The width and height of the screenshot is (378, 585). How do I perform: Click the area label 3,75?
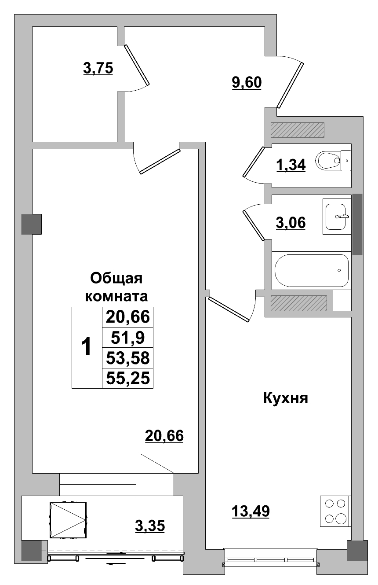coord(98,69)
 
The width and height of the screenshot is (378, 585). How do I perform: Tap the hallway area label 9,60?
coord(247,82)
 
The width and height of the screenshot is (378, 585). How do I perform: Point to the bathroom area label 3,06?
coord(291,223)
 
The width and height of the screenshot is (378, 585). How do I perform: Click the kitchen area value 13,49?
coord(250,511)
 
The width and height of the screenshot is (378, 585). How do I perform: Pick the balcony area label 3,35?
coord(149,526)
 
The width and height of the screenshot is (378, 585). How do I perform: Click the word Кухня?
coord(285,398)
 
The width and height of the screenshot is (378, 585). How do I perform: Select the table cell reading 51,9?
coord(127,338)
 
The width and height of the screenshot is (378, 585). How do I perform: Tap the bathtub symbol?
coord(311,270)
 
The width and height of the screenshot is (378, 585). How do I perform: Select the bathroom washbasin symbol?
coord(337,216)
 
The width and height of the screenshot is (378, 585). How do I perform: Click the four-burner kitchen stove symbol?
coord(334,511)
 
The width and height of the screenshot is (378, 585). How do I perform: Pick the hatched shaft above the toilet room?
coord(297,130)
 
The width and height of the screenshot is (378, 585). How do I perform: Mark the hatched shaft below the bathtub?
coord(298,303)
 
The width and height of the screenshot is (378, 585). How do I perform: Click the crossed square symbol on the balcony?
coord(67,520)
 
